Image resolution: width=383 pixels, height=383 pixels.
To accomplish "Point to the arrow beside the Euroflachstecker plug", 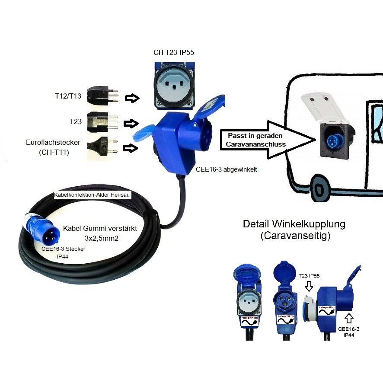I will tap(130, 148).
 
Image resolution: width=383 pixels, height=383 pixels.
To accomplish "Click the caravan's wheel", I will tap(320, 191).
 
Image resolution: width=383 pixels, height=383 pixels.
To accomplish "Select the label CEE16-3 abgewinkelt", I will tap(226, 170).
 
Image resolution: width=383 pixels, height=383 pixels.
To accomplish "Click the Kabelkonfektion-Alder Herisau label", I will tap(92, 195).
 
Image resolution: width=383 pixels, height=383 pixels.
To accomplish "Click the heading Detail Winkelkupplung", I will tap(294, 224).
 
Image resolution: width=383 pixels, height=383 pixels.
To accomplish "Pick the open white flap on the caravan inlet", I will tap(320, 106).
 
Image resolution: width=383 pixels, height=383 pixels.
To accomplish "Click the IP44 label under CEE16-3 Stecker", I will tap(63, 256).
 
